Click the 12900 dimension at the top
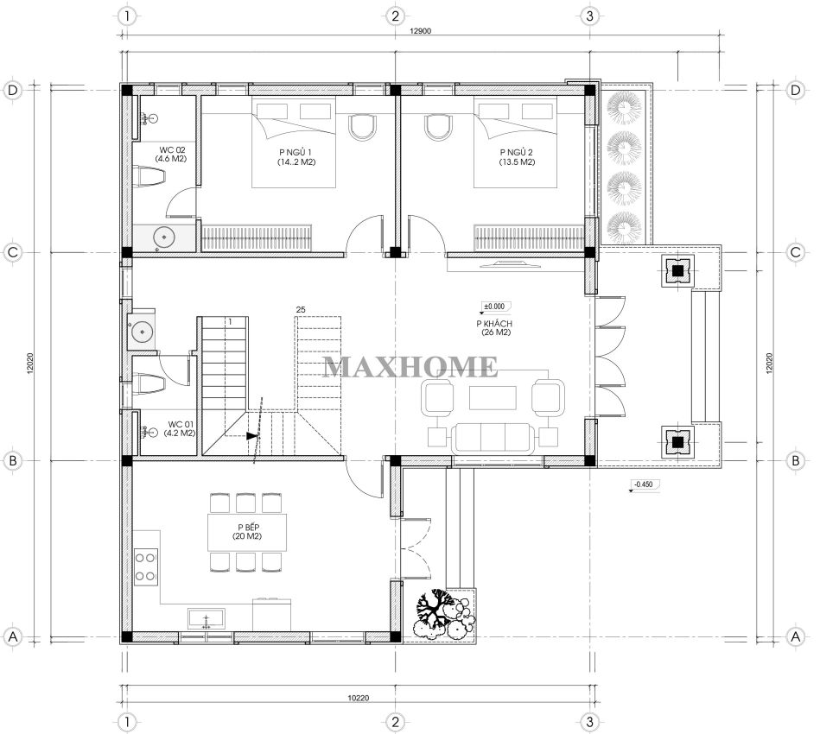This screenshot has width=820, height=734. (420, 31)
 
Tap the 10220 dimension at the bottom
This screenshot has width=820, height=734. (359, 698)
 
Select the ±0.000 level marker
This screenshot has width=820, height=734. (494, 307)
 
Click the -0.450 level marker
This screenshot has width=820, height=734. (643, 484)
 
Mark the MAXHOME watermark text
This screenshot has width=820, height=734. (410, 366)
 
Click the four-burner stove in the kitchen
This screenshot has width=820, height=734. (146, 566)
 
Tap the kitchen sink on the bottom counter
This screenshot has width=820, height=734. (206, 618)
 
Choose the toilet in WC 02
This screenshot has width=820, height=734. (149, 176)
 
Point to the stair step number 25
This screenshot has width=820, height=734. (301, 309)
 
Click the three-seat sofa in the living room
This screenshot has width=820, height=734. (493, 438)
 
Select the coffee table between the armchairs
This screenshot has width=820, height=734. (493, 398)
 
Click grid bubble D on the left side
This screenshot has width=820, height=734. (13, 90)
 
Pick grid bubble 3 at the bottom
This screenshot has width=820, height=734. (590, 722)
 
